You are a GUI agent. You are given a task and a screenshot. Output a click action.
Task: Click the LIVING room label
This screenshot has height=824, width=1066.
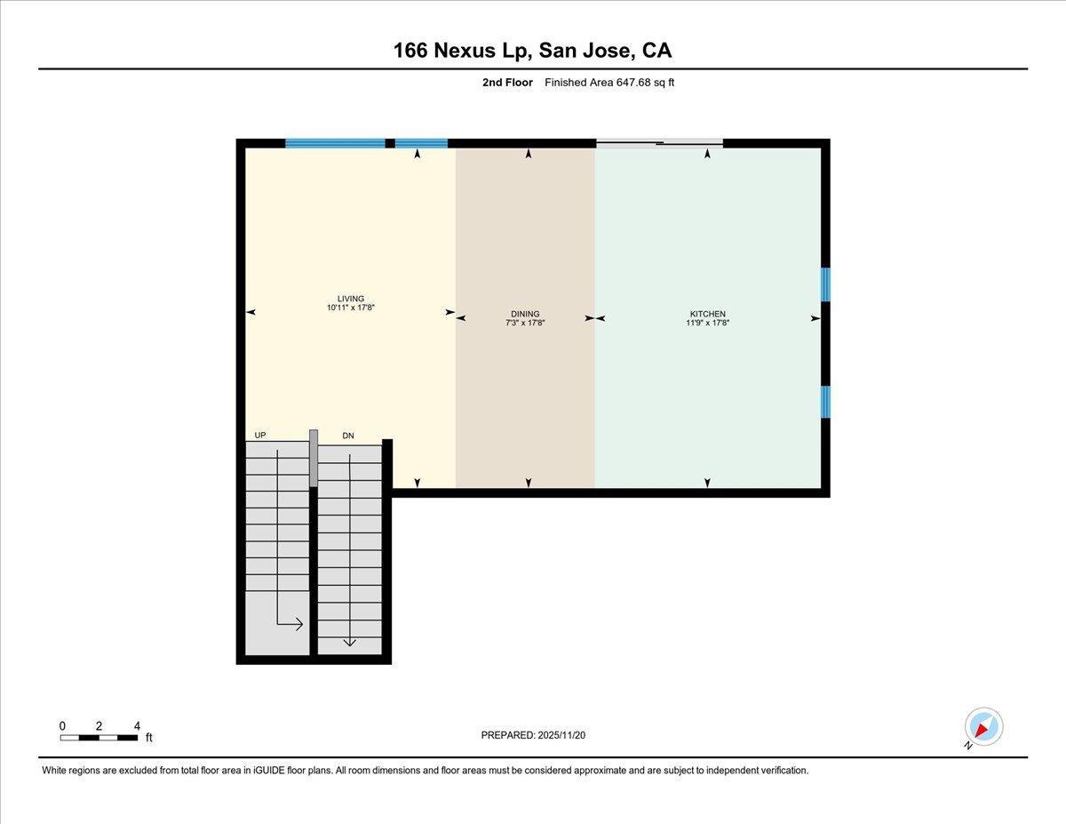(x=350, y=299)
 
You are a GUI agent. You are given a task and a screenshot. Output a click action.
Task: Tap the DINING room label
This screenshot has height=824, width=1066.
(x=525, y=314)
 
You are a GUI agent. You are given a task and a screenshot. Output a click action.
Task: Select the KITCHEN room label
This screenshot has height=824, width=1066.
(x=708, y=314)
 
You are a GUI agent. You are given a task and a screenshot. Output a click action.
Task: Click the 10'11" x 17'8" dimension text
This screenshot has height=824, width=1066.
(x=350, y=308)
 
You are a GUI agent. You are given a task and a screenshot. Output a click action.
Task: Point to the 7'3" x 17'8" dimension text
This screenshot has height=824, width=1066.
(x=525, y=324)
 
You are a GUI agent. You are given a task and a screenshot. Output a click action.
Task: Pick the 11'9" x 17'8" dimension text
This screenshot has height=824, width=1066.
(x=708, y=324)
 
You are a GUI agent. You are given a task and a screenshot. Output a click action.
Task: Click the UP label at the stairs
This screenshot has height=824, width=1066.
(x=259, y=435)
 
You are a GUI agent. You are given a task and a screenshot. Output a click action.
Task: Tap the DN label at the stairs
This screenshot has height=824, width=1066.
(x=348, y=436)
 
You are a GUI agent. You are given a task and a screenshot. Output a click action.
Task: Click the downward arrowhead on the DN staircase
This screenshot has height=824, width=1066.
(x=349, y=642)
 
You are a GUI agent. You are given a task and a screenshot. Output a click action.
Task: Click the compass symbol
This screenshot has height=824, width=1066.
(x=983, y=726)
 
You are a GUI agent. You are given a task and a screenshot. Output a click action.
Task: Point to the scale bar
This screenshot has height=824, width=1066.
(x=99, y=737)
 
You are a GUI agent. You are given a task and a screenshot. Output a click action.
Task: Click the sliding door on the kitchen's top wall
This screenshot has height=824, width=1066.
(x=659, y=142)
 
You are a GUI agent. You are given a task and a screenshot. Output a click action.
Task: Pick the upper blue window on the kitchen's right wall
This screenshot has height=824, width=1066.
(x=825, y=284)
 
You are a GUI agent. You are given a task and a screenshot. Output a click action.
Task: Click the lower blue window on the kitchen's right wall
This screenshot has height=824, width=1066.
(x=825, y=402)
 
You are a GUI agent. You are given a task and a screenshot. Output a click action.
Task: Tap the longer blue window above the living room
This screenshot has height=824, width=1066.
(x=335, y=142)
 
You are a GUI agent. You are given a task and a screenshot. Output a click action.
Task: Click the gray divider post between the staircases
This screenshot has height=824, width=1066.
(x=313, y=458)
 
